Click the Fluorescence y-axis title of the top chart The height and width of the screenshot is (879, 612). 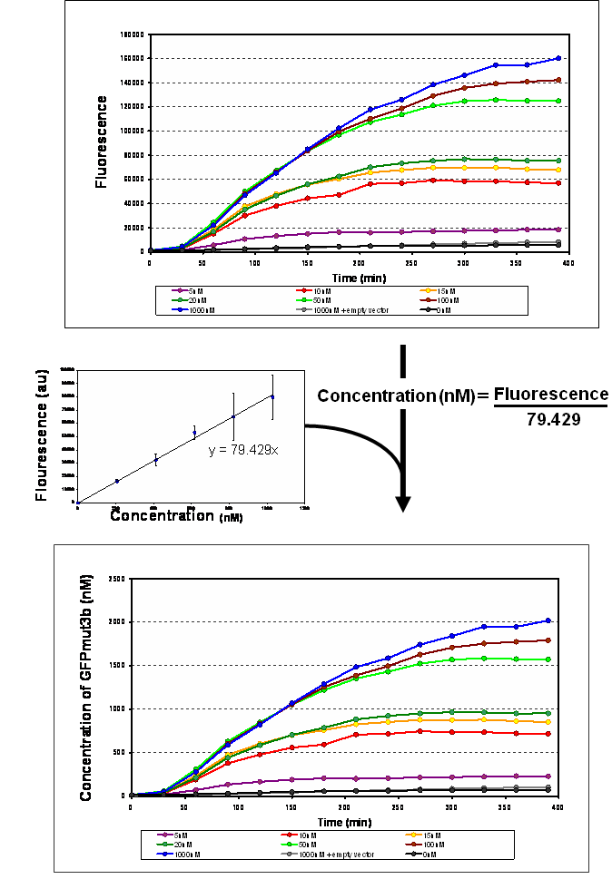103,143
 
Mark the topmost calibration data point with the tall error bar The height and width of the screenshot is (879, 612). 272,397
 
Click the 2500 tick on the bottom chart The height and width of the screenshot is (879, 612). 114,579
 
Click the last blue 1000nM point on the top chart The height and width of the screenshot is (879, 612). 558,59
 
